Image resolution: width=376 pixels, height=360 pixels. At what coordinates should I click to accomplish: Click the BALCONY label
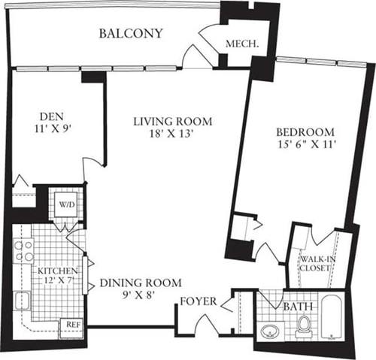click(132, 34)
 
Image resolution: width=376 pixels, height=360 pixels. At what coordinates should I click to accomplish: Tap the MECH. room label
click(242, 45)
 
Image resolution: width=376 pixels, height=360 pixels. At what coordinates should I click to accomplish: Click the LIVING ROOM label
click(173, 121)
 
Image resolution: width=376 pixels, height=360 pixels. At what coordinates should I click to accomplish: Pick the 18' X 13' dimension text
click(174, 135)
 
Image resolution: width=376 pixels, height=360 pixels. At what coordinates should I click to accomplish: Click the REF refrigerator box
click(72, 326)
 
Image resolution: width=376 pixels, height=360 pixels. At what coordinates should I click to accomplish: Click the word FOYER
click(199, 301)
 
